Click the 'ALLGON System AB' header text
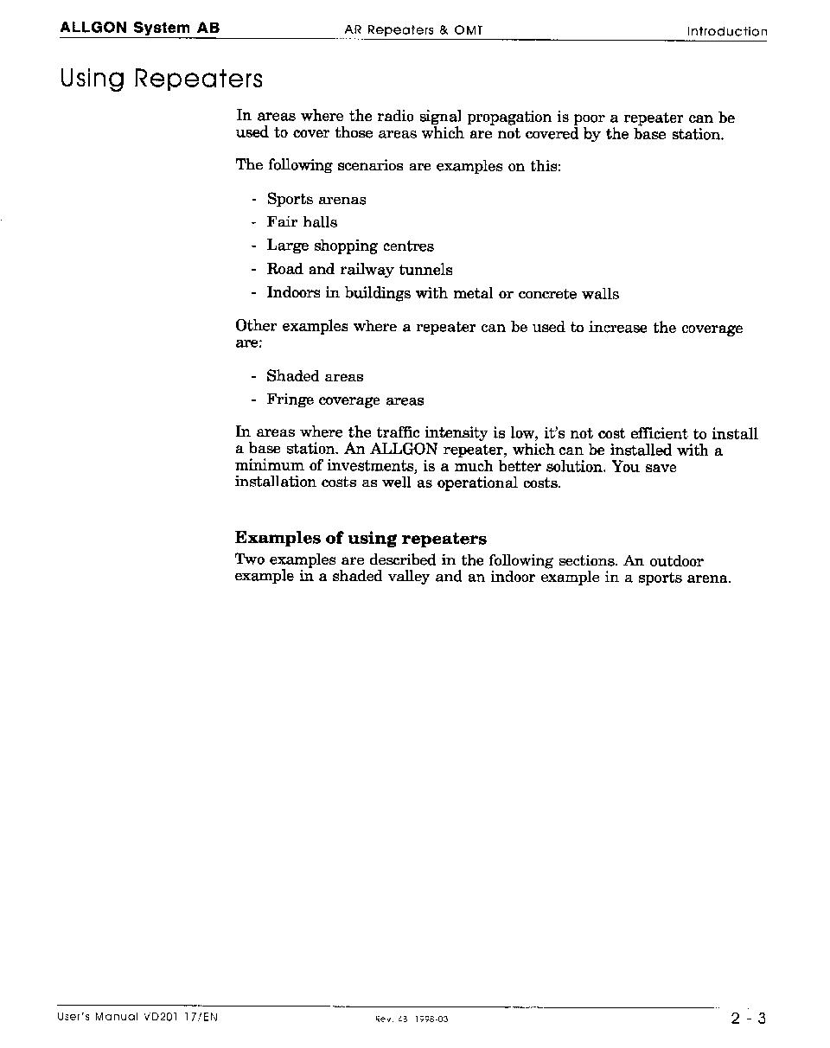click(x=139, y=28)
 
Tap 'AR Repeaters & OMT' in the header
click(x=413, y=30)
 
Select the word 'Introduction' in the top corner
click(x=726, y=32)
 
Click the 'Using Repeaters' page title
click(x=161, y=79)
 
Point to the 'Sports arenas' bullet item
click(x=316, y=200)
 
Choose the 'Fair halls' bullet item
click(x=302, y=222)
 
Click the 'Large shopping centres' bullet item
click(x=349, y=246)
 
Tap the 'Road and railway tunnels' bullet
click(x=359, y=270)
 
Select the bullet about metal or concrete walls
click(x=442, y=294)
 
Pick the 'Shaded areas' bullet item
click(x=315, y=377)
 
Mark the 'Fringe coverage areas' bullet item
click(x=345, y=400)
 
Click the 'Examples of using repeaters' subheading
click(x=361, y=539)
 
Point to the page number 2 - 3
click(x=748, y=1018)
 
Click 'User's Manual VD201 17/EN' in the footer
click(x=137, y=1017)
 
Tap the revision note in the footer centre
click(x=412, y=1019)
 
